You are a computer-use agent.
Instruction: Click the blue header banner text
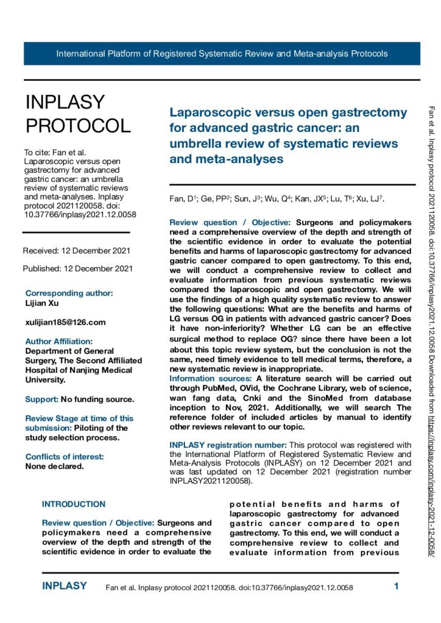click(x=222, y=54)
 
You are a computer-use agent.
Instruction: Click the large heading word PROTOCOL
click(x=78, y=125)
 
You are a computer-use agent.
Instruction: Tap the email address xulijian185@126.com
click(x=65, y=322)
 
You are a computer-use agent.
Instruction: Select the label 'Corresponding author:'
click(x=69, y=293)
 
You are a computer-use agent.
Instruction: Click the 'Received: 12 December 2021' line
click(x=76, y=251)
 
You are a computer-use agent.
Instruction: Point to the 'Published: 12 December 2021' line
click(x=77, y=268)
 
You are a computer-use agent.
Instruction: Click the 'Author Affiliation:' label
click(x=59, y=341)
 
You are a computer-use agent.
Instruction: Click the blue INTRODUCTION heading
click(x=74, y=504)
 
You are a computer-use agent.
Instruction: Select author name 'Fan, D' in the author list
click(x=179, y=199)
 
